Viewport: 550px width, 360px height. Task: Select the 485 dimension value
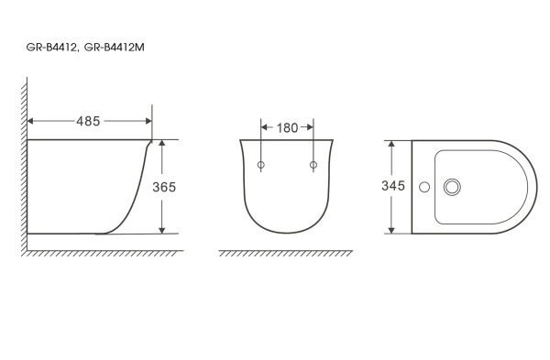[88, 121]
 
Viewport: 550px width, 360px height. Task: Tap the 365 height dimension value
[163, 186]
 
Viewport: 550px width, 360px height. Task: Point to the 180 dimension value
[287, 128]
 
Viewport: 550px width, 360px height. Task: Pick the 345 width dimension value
[393, 186]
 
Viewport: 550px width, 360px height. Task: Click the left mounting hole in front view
[261, 166]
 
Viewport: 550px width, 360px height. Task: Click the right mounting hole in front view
[313, 166]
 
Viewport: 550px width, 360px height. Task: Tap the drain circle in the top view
[451, 187]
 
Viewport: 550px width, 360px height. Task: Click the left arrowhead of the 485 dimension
[32, 121]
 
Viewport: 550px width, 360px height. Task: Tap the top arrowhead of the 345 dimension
[392, 145]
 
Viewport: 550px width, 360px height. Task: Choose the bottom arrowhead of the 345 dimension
[392, 229]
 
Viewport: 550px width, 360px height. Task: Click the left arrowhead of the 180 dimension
[265, 128]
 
